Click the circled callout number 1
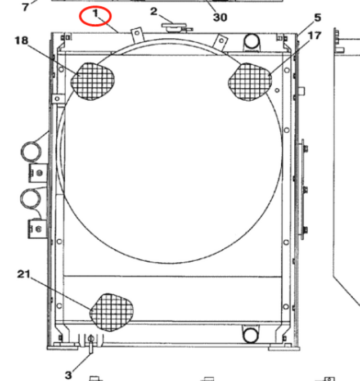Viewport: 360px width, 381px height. pos(95,13)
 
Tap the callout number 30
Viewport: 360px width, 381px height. pos(220,17)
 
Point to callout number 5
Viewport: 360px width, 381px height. pos(317,18)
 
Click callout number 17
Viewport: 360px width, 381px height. pos(314,35)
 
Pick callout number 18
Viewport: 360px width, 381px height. pos(21,41)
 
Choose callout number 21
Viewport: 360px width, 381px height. pos(23,274)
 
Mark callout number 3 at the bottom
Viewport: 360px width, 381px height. pos(69,375)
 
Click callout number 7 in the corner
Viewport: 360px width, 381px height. pos(25,7)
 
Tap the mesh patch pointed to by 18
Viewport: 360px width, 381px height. pos(92,80)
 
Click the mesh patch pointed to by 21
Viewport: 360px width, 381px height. pos(114,312)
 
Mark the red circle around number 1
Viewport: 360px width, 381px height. pos(96,17)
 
